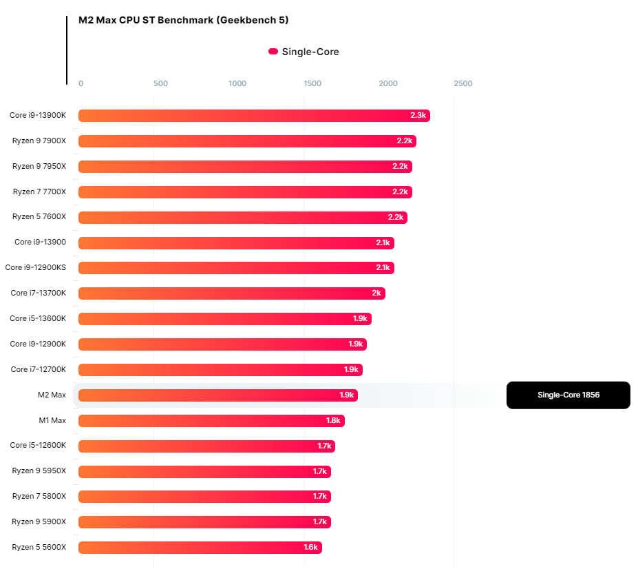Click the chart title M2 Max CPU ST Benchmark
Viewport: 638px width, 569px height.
click(183, 20)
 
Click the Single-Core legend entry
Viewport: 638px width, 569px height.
click(304, 52)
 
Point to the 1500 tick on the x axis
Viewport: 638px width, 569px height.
click(312, 83)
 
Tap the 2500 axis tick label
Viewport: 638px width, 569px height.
click(463, 83)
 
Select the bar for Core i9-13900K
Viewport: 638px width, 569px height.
click(254, 116)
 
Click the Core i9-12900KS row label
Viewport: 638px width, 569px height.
click(36, 267)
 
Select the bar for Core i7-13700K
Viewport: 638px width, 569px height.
click(231, 293)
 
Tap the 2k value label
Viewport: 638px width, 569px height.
click(376, 293)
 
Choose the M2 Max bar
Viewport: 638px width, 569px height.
click(217, 395)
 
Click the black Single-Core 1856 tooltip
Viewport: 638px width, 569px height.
click(568, 395)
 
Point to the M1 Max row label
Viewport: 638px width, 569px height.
click(52, 420)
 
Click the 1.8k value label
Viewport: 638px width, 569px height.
click(333, 420)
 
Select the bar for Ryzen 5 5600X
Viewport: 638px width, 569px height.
click(200, 548)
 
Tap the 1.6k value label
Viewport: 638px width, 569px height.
click(310, 548)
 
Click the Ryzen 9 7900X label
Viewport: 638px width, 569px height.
click(39, 141)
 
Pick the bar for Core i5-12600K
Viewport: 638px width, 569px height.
click(206, 446)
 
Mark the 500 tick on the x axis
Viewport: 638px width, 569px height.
click(160, 83)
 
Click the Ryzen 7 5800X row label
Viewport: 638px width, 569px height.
click(39, 496)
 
